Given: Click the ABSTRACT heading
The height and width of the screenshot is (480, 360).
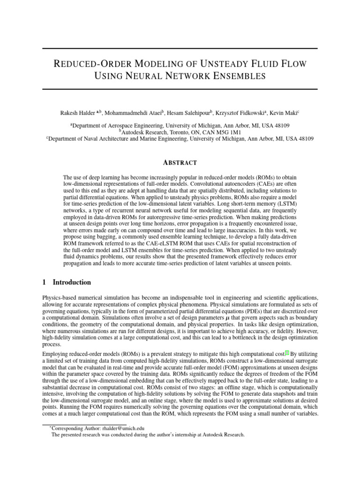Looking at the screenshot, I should tap(180, 163).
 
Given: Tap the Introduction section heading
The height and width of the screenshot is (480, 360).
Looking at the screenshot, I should tap(72, 282).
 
